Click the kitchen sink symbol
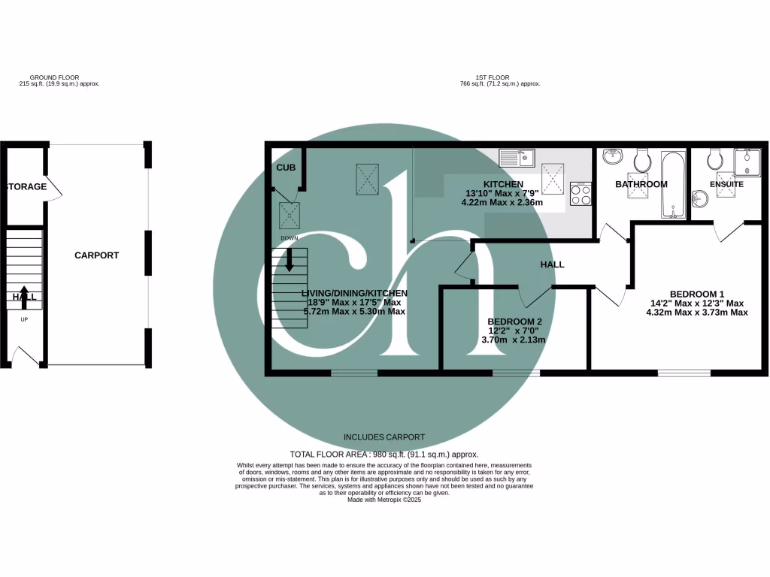point(517,159)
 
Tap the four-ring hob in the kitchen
point(580,194)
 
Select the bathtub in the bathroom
point(672,183)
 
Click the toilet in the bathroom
point(643,159)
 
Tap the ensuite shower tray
point(747,162)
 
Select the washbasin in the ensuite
point(699,198)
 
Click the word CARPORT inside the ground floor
point(96,255)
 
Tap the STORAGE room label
point(27,186)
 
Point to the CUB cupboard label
point(286,168)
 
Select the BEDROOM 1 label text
point(696,294)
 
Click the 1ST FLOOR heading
point(493,77)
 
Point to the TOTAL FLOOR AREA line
point(384,455)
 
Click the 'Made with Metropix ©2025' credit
point(384,500)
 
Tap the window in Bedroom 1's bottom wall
point(684,372)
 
